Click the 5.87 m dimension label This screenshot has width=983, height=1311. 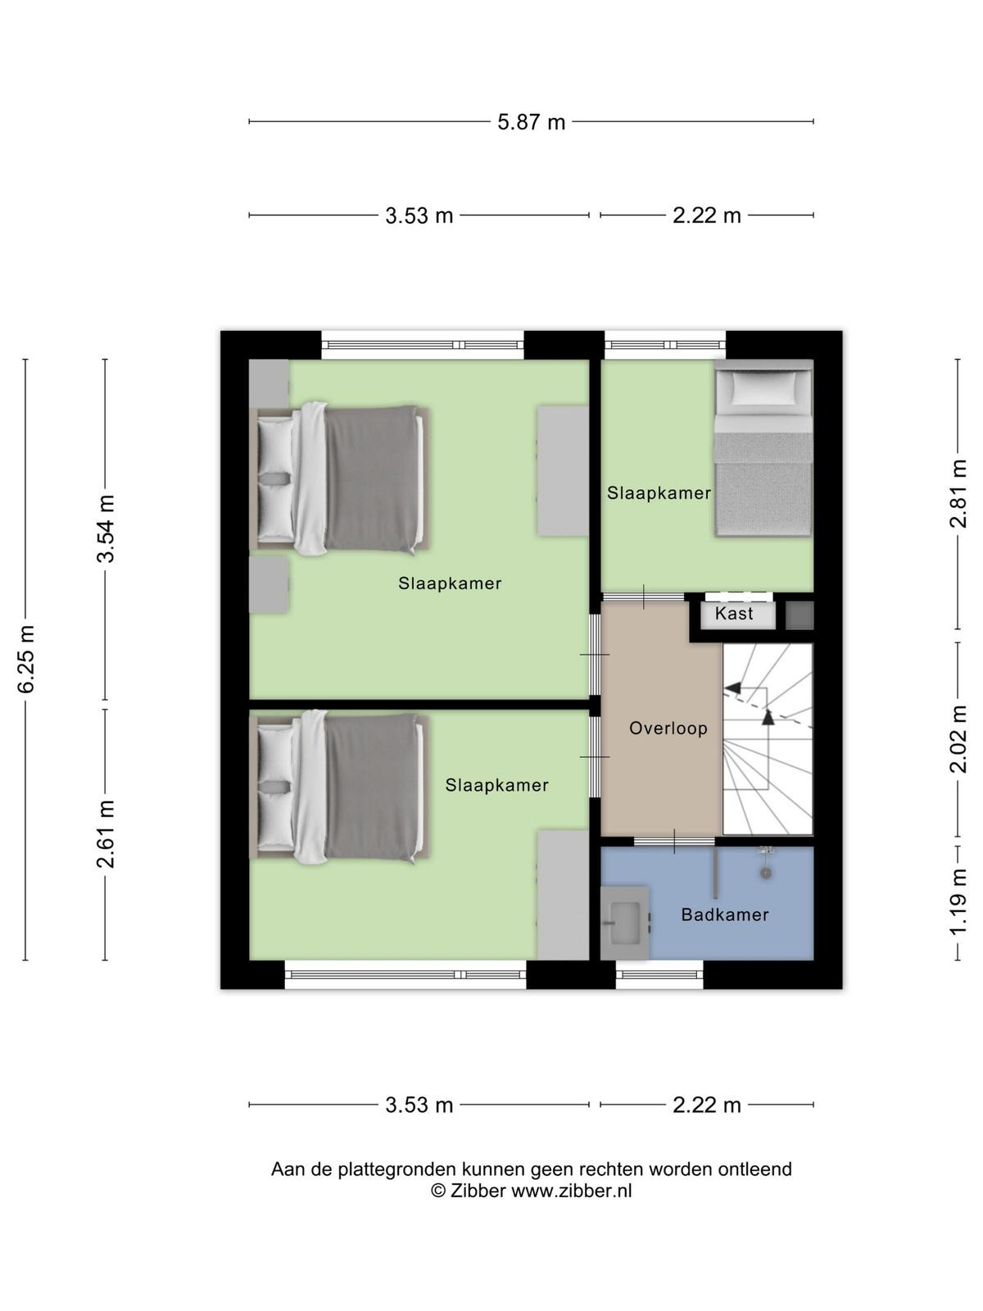pyautogui.click(x=531, y=122)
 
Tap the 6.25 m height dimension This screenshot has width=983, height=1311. pyautogui.click(x=26, y=660)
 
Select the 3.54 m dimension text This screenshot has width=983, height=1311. pyautogui.click(x=106, y=529)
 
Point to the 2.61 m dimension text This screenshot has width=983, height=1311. pyautogui.click(x=106, y=834)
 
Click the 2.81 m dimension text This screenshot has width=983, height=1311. pyautogui.click(x=958, y=493)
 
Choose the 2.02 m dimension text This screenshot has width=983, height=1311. pyautogui.click(x=958, y=739)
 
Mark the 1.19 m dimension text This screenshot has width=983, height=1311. pyautogui.click(x=958, y=902)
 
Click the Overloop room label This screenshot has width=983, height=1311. pyautogui.click(x=668, y=728)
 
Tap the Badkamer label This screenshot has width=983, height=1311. pyautogui.click(x=725, y=914)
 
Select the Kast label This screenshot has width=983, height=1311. pyautogui.click(x=734, y=614)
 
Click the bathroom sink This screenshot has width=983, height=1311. pyautogui.click(x=624, y=923)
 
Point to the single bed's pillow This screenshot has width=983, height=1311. pyautogui.click(x=764, y=387)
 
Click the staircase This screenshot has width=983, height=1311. pyautogui.click(x=768, y=739)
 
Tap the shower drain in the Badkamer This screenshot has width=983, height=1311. pyautogui.click(x=765, y=873)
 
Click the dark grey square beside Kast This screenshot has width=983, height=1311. pyautogui.click(x=800, y=616)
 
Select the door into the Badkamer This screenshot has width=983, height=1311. pyautogui.click(x=674, y=841)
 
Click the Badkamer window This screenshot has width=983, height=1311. pyautogui.click(x=659, y=975)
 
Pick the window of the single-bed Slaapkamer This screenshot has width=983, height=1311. pyautogui.click(x=665, y=345)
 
